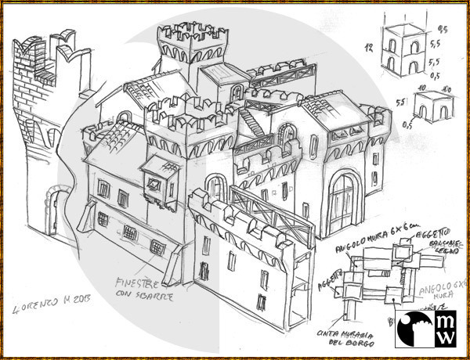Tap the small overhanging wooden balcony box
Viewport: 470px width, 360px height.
(164, 175)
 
